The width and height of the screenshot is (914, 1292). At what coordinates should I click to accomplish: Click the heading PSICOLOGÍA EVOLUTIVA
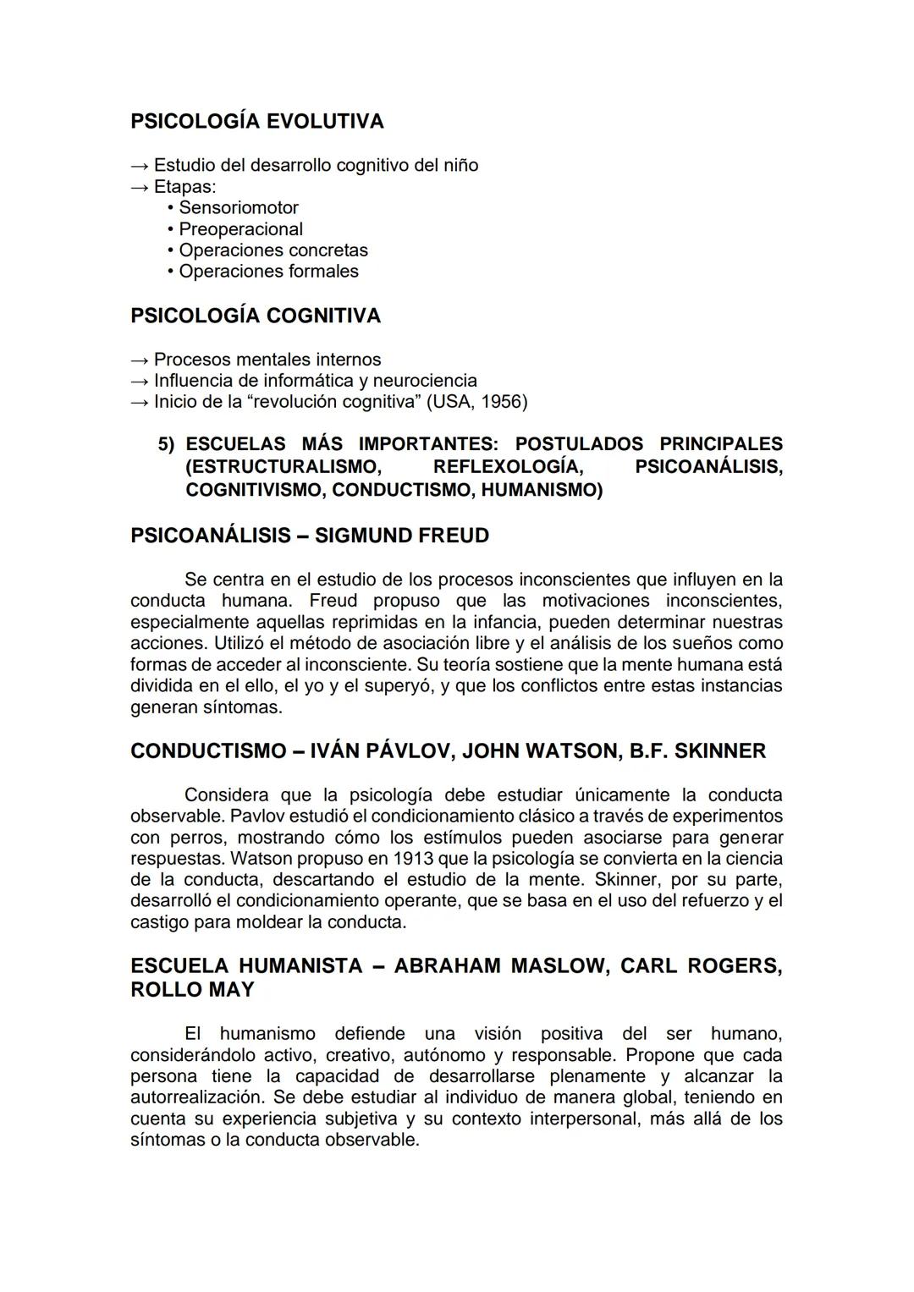pyautogui.click(x=257, y=122)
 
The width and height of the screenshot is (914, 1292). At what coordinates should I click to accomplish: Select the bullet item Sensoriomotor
pyautogui.click(x=238, y=208)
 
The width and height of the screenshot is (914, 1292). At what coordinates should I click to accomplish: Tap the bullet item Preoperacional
pyautogui.click(x=240, y=229)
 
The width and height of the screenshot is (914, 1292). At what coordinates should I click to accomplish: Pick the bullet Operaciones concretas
pyautogui.click(x=273, y=250)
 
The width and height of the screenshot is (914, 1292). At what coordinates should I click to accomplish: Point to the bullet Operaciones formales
pyautogui.click(x=268, y=272)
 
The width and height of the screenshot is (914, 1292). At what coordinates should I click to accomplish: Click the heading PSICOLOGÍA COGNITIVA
pyautogui.click(x=256, y=316)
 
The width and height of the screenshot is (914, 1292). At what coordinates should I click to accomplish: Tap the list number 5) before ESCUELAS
pyautogui.click(x=168, y=444)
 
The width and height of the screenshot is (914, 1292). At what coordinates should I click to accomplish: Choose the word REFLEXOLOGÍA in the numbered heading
pyautogui.click(x=507, y=467)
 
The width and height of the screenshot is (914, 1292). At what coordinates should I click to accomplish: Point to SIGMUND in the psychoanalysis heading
pyautogui.click(x=361, y=536)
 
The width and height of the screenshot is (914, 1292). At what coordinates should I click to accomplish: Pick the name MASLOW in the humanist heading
pyautogui.click(x=559, y=966)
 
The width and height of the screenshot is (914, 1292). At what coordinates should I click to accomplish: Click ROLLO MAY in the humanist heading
pyautogui.click(x=192, y=990)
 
